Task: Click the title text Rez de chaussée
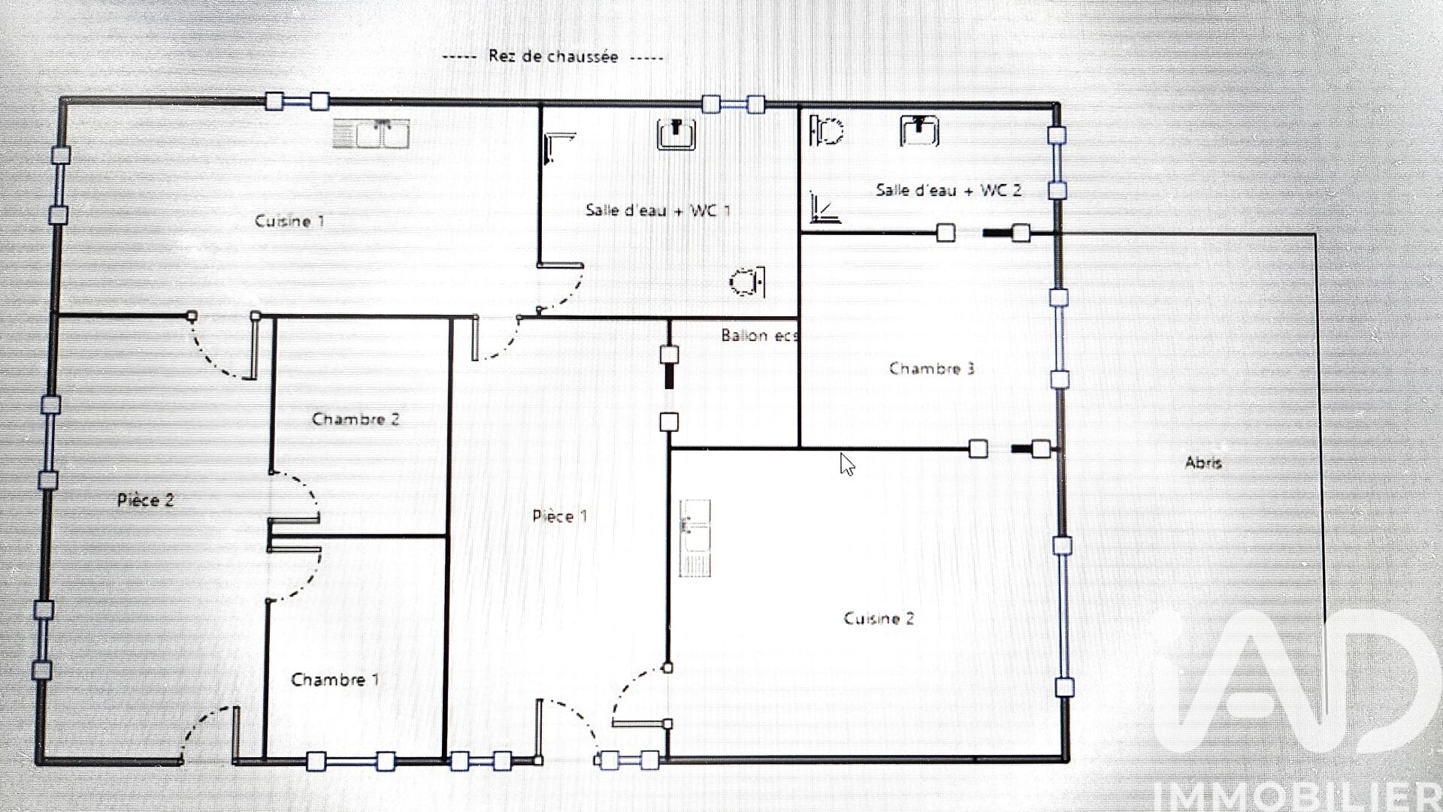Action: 553,56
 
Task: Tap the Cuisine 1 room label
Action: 289,221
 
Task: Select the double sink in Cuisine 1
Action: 371,134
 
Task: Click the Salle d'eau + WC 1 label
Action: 658,210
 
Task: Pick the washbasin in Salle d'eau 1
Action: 676,134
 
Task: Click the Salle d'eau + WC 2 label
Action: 948,190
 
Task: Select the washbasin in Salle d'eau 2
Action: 920,131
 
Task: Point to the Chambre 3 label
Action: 932,368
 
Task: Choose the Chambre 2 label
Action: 355,419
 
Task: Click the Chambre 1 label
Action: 335,680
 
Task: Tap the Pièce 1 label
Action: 560,516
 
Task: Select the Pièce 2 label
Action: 146,500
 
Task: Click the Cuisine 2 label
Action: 879,618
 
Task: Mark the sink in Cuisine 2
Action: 695,538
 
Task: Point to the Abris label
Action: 1203,463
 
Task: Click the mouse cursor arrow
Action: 847,464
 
